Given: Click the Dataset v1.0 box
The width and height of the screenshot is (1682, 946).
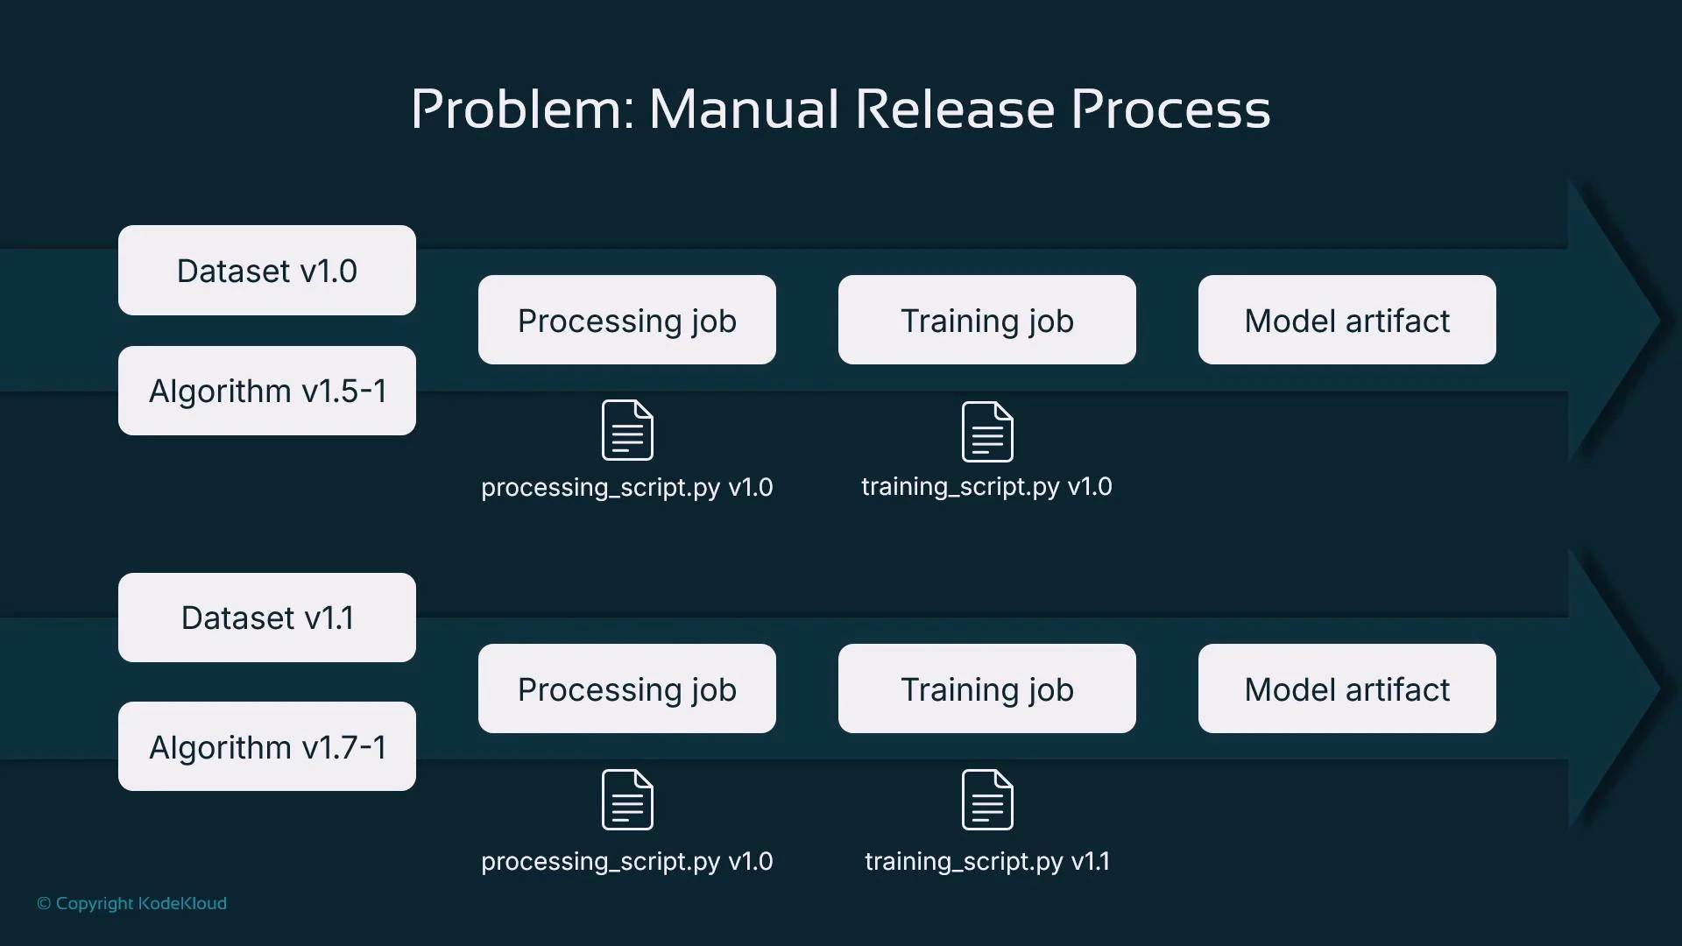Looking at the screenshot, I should tap(267, 271).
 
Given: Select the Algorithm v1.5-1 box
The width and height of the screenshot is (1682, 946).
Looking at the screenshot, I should tap(267, 391).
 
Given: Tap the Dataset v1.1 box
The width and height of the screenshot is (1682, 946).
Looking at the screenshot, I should tap(267, 618).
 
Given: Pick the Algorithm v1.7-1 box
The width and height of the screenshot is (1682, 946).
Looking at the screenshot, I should tap(267, 746).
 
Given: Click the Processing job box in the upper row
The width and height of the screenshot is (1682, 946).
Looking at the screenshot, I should tap(627, 321).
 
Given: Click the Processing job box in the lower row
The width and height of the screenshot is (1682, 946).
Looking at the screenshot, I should tap(627, 689).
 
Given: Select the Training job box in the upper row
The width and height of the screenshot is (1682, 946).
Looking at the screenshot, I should tap(987, 321).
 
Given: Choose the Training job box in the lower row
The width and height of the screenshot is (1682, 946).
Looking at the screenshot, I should tap(987, 689).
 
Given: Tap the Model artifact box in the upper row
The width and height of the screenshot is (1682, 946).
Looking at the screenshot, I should tap(1347, 321).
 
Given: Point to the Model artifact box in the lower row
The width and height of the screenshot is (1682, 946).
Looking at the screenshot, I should tap(1347, 689).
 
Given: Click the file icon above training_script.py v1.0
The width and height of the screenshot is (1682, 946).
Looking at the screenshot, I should tap(987, 431).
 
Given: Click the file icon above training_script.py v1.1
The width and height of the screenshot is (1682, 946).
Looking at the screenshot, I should tap(987, 800).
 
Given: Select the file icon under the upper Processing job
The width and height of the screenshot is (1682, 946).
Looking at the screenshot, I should tap(627, 430).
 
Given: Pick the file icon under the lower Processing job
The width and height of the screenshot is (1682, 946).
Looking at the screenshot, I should tap(627, 800).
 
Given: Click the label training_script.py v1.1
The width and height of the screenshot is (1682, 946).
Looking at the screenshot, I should tap(987, 862).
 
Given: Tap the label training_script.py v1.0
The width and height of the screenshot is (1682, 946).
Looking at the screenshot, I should tap(986, 487).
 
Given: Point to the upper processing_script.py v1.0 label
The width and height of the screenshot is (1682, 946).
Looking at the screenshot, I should tap(627, 488).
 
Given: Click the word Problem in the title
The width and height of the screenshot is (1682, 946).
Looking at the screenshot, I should tap(522, 109).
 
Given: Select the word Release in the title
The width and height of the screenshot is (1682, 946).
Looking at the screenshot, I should tap(955, 109).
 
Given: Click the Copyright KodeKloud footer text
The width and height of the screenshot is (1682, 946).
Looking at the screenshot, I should tap(132, 903).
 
